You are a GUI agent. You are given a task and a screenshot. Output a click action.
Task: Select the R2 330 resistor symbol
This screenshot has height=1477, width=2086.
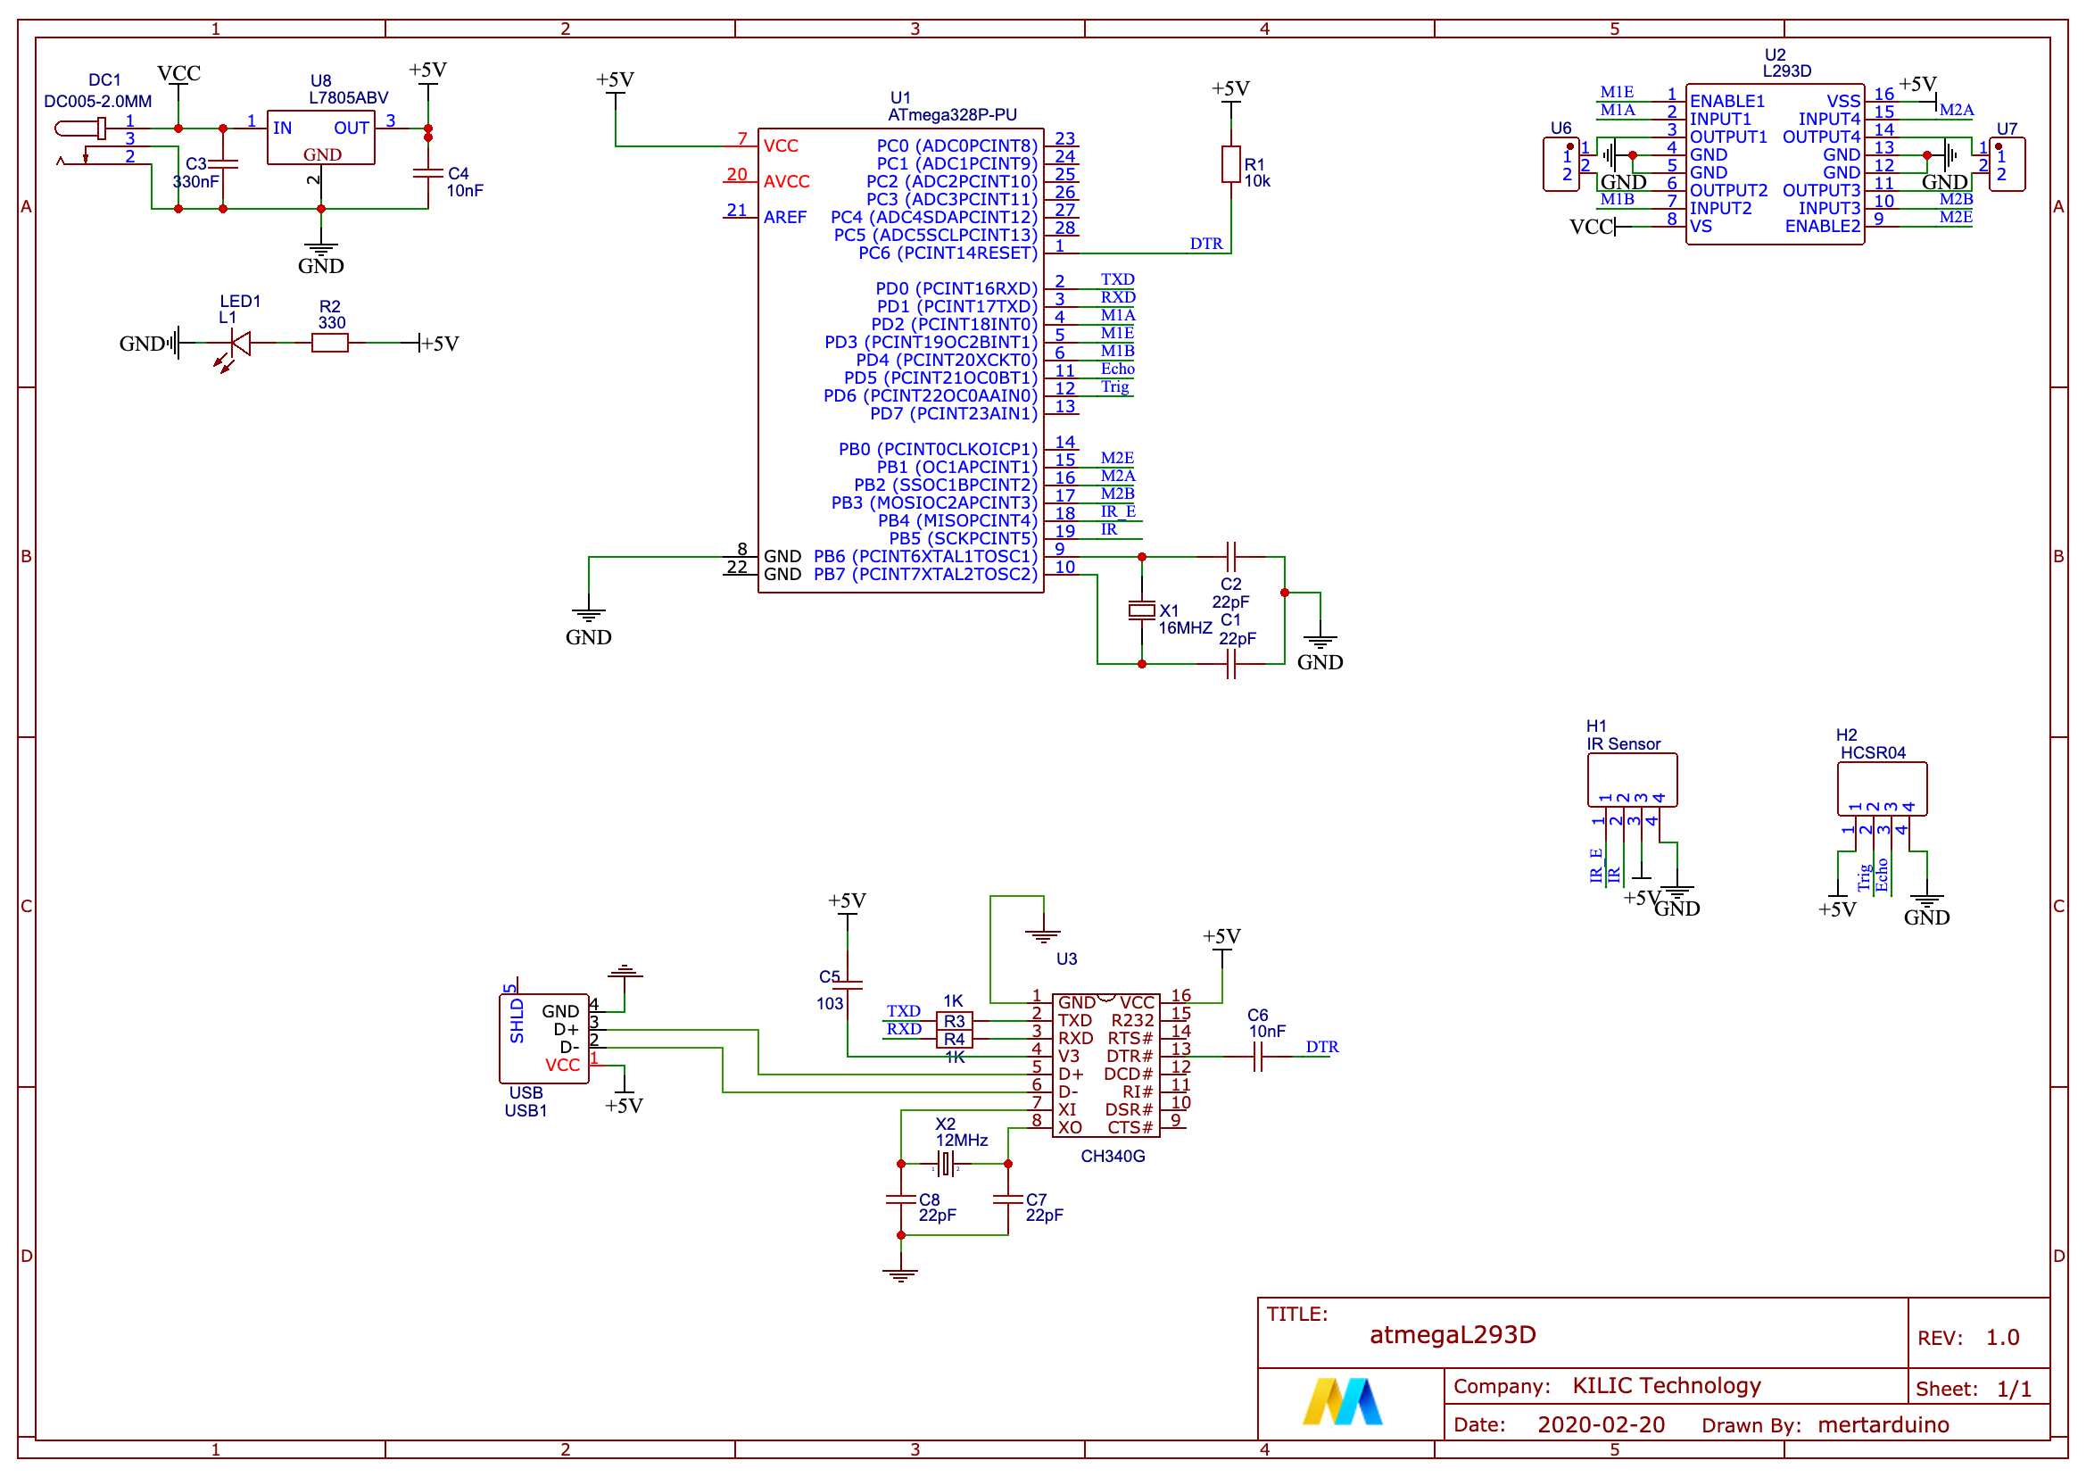pos(329,343)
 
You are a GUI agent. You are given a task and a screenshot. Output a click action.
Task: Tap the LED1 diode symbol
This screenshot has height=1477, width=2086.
pos(239,344)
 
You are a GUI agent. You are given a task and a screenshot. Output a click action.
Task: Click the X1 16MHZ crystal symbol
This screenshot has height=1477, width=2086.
pos(1141,610)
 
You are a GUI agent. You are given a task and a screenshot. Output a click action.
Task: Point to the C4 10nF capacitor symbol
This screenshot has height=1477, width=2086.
pos(427,173)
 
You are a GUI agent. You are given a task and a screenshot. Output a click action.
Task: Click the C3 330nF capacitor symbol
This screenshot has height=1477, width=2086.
pos(223,163)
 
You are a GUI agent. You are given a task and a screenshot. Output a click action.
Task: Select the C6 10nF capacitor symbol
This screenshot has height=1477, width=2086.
pos(1258,1056)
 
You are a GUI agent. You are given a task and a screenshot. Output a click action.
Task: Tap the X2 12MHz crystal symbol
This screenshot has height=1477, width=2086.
pos(946,1163)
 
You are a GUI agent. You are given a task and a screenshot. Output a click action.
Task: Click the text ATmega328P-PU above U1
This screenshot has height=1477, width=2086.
pos(952,114)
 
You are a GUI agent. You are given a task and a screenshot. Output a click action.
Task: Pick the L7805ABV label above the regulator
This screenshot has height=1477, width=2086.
pos(348,97)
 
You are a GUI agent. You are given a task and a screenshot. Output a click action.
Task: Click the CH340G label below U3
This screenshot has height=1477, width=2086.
pos(1112,1156)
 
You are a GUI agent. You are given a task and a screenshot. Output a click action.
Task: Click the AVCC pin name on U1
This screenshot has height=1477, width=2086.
pos(786,182)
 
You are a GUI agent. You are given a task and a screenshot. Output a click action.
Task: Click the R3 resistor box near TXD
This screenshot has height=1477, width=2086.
pos(954,1020)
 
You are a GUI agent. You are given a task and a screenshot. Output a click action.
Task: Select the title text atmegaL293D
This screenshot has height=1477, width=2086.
pos(1453,1334)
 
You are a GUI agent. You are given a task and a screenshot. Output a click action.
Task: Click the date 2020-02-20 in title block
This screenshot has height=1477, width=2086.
pos(1601,1424)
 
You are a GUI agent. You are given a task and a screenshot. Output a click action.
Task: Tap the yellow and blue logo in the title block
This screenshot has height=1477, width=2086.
pos(1342,1401)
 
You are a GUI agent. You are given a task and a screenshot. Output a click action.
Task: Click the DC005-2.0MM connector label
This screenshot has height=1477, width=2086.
pos(97,101)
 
